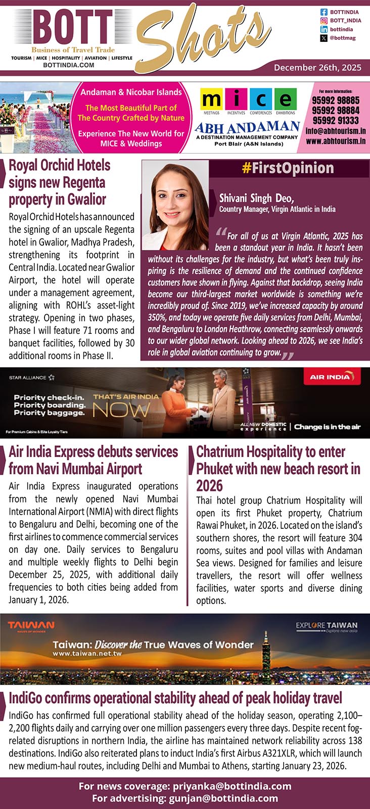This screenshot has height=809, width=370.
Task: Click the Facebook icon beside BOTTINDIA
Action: point(324,12)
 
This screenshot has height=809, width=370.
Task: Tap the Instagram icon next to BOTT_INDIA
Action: point(324,21)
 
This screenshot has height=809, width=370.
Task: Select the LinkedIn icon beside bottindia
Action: point(324,30)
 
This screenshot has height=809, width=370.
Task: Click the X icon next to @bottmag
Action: point(324,38)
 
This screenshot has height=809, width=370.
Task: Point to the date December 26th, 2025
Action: point(317,67)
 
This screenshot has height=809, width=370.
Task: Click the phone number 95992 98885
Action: point(336,100)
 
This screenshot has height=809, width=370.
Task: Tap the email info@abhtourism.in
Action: point(336,131)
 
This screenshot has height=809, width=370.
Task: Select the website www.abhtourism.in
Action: point(336,141)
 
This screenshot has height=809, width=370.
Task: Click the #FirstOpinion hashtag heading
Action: point(288,168)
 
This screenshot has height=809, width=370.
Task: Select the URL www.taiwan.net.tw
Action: point(87,653)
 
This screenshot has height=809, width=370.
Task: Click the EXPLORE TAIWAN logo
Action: point(327,626)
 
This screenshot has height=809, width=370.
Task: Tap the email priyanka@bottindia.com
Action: point(232,786)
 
